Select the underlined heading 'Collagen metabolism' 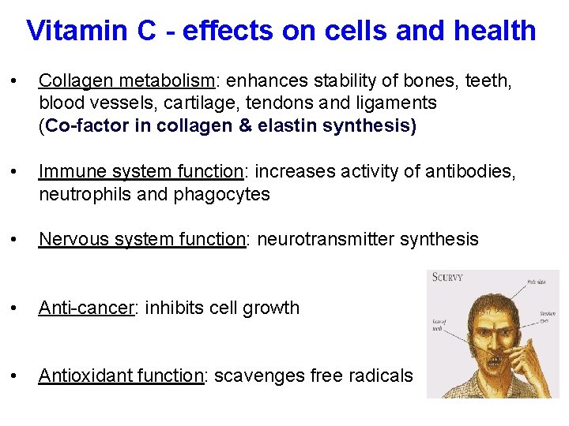tap(126, 80)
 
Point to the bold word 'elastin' tap(288, 126)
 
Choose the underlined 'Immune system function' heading tap(140, 171)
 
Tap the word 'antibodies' tap(469, 171)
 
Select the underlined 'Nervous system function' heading tap(142, 239)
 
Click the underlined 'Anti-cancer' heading tap(85, 308)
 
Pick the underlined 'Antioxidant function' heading tap(121, 376)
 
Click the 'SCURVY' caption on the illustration tap(448, 278)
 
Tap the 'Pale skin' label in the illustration tap(538, 282)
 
